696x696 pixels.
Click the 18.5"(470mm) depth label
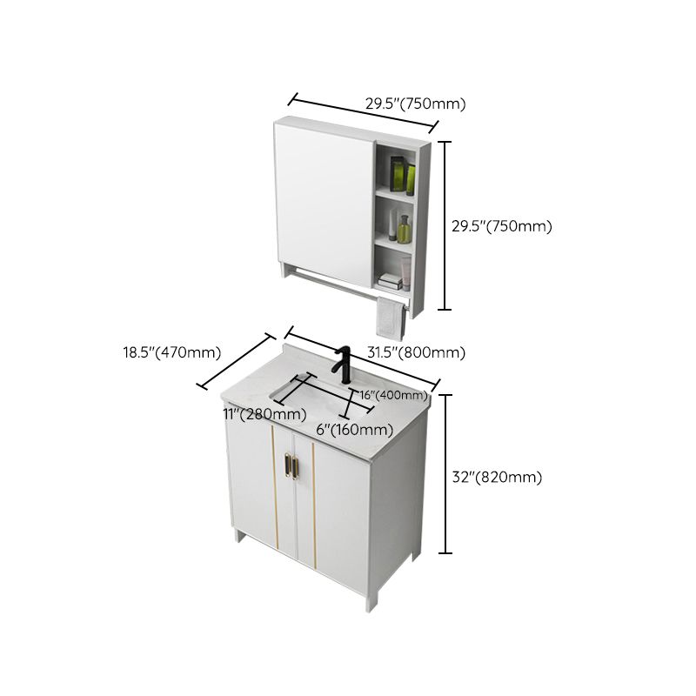(x=171, y=352)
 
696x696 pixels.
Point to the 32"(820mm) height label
(x=497, y=477)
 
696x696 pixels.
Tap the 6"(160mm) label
(x=354, y=429)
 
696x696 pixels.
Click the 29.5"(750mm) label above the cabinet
(x=415, y=104)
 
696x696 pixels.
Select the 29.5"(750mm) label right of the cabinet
(x=501, y=226)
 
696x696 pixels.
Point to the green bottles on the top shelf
(x=402, y=176)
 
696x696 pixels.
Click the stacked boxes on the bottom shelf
(x=390, y=280)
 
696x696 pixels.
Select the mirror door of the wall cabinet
(x=324, y=196)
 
